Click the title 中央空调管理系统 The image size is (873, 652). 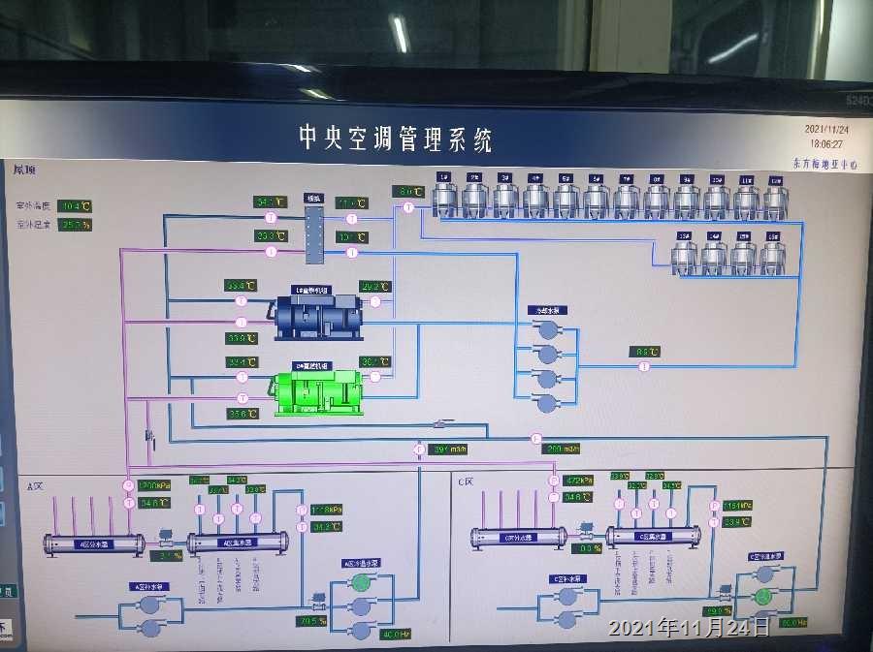(x=395, y=139)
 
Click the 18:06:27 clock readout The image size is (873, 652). (x=825, y=143)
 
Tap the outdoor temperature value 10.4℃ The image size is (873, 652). (x=76, y=206)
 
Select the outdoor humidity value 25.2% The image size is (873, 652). (x=76, y=225)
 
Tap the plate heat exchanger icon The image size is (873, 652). (x=312, y=233)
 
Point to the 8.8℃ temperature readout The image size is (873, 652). (x=644, y=352)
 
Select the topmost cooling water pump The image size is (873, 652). (x=548, y=329)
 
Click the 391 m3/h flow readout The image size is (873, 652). (x=450, y=449)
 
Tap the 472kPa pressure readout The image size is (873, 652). (x=579, y=481)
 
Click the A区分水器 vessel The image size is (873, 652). (x=94, y=544)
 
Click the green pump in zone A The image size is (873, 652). (x=361, y=582)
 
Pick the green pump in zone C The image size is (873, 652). (x=765, y=573)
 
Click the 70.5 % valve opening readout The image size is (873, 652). (x=311, y=621)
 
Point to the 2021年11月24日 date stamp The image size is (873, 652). (x=689, y=628)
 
